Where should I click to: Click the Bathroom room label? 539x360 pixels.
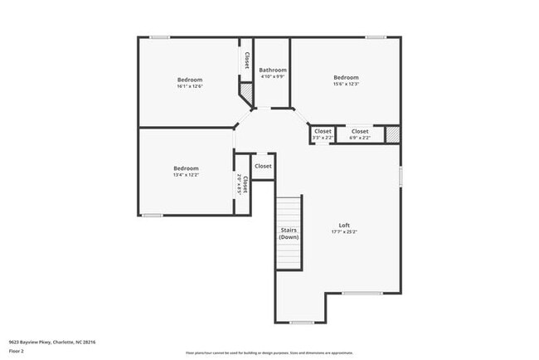pyautogui.click(x=272, y=71)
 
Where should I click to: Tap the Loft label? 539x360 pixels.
pyautogui.click(x=344, y=225)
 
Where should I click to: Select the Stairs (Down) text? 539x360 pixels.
pyautogui.click(x=288, y=233)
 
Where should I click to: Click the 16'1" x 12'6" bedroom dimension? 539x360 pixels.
pyautogui.click(x=189, y=86)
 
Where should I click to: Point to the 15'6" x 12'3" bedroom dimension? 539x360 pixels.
pyautogui.click(x=346, y=84)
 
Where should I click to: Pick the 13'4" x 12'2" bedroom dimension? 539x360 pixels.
pyautogui.click(x=186, y=175)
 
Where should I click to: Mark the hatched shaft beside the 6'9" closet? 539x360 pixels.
pyautogui.click(x=393, y=134)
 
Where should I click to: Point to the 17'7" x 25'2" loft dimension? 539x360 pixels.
pyautogui.click(x=344, y=231)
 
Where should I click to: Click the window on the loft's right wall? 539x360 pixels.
pyautogui.click(x=401, y=176)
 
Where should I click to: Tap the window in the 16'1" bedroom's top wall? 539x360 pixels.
pyautogui.click(x=160, y=36)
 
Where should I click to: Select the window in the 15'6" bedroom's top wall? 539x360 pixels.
pyautogui.click(x=376, y=36)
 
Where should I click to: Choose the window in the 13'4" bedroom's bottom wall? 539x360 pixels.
pyautogui.click(x=152, y=216)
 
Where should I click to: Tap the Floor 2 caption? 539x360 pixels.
pyautogui.click(x=17, y=351)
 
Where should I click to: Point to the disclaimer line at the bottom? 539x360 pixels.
pyautogui.click(x=269, y=352)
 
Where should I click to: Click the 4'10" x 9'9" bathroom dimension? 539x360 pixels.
pyautogui.click(x=272, y=77)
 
